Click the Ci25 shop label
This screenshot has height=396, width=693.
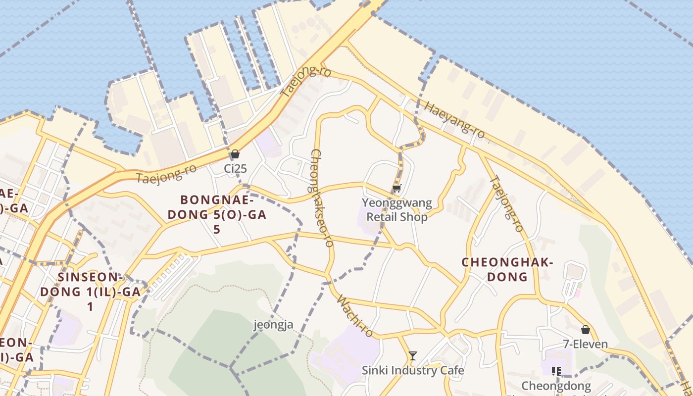[x=235, y=169]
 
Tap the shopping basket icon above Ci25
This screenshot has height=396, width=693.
[x=235, y=154]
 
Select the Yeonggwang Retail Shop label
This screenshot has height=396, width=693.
[x=396, y=210]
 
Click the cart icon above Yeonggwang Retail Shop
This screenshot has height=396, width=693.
[x=396, y=189]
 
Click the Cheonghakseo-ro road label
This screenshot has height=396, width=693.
[x=321, y=198]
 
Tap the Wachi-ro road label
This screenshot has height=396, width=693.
[x=354, y=316]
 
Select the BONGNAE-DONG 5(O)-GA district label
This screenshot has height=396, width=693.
[x=217, y=214]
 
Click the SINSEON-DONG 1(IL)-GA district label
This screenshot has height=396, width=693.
[x=90, y=292]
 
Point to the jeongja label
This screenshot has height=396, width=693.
[x=274, y=325]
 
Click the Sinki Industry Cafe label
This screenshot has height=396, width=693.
[x=413, y=370]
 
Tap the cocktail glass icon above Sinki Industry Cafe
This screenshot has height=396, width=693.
[x=412, y=356]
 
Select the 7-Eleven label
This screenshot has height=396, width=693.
[x=586, y=344]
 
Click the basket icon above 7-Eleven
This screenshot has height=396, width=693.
[x=586, y=330]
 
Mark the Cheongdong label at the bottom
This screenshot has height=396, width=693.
[x=556, y=386]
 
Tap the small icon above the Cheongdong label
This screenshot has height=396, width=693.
[x=556, y=371]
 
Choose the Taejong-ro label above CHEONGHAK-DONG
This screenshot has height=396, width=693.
[x=506, y=204]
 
